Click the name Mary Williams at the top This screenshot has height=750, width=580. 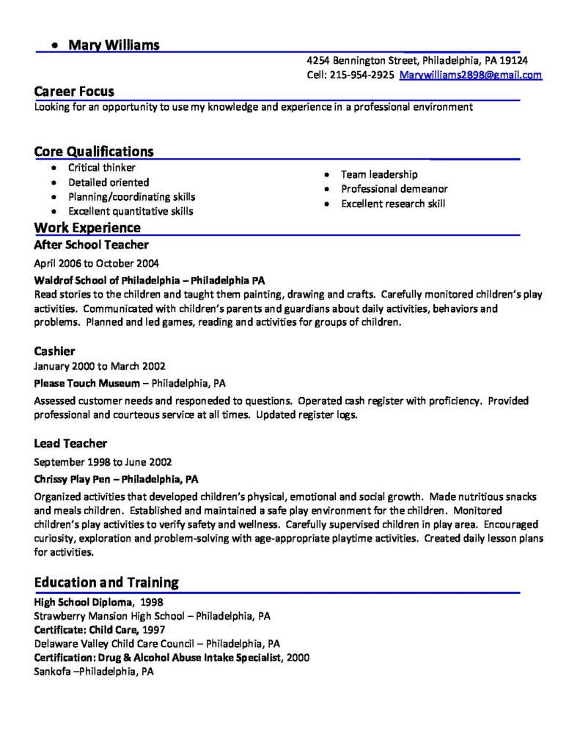(114, 45)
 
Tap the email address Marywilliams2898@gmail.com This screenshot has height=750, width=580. (471, 75)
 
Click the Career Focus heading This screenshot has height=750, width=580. (74, 92)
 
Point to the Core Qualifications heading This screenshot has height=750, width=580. (94, 152)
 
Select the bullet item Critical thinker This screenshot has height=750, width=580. (102, 168)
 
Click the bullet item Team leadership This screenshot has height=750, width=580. (379, 174)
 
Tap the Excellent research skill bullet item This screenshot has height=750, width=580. (393, 204)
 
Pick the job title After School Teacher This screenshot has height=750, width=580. (92, 245)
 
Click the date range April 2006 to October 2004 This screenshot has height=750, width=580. (97, 263)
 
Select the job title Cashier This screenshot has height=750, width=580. (55, 351)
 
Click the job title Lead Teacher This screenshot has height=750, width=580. (70, 443)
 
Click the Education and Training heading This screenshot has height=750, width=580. (106, 583)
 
